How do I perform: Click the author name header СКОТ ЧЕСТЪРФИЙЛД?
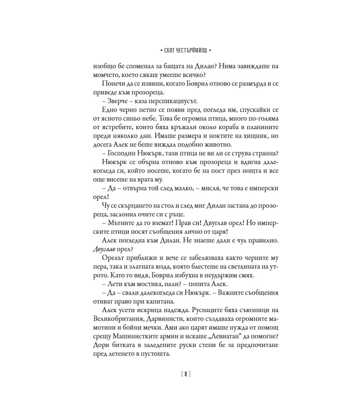(179, 49)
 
